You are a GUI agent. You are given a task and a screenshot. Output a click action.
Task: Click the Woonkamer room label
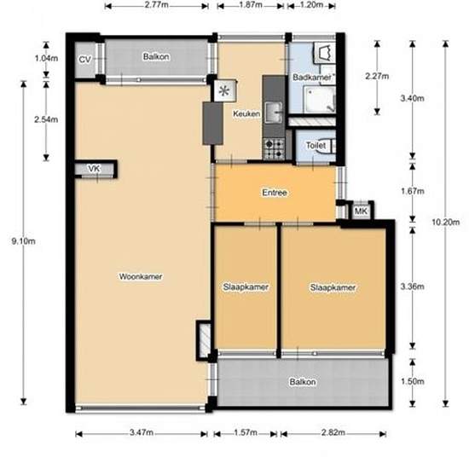(x=141, y=276)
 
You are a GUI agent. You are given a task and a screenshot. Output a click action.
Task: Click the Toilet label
(x=315, y=146)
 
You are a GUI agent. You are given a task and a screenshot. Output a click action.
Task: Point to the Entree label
(x=274, y=193)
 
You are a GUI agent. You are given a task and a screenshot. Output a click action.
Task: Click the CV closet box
(x=84, y=60)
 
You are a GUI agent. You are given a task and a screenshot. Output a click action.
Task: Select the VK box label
(x=94, y=170)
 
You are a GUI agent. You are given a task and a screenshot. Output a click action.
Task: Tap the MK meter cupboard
(x=360, y=211)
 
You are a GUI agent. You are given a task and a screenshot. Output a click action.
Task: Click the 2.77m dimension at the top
(x=156, y=5)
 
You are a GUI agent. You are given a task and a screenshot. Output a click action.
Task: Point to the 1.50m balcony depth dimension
(x=413, y=381)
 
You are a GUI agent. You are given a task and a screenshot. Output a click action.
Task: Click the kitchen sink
(x=275, y=112)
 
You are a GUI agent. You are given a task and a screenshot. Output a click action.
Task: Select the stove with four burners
(x=274, y=149)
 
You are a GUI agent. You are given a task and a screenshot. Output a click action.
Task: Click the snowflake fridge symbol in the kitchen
(x=225, y=90)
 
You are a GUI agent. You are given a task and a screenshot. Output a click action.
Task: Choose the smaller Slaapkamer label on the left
(x=246, y=287)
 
